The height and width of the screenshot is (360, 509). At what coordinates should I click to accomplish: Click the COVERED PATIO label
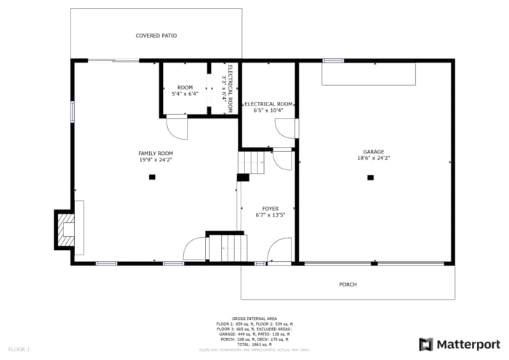[156, 36]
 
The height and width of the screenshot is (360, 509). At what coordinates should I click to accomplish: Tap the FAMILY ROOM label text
[156, 153]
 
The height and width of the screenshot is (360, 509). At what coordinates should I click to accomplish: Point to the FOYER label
[270, 209]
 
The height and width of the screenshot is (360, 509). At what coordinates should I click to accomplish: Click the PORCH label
[348, 284]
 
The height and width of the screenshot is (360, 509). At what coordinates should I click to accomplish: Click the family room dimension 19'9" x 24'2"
[156, 159]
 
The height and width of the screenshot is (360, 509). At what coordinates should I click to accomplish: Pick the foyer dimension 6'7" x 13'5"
[270, 215]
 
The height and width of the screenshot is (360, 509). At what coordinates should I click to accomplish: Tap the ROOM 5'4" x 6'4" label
[185, 91]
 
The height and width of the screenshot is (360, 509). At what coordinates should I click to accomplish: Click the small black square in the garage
[370, 177]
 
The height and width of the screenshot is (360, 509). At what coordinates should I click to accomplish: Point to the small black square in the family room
[152, 177]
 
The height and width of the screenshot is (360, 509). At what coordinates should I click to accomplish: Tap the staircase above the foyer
[252, 161]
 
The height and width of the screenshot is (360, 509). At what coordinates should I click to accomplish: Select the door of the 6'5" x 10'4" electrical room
[286, 128]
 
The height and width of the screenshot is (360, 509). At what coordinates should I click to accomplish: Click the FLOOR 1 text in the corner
[19, 350]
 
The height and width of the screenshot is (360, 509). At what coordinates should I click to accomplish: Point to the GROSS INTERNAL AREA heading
[254, 319]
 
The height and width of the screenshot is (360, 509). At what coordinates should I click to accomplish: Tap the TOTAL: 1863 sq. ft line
[254, 344]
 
